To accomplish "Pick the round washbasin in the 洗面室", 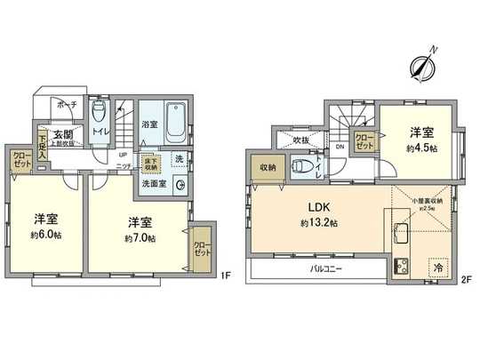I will click(180, 186).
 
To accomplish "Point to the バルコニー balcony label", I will click(326, 267).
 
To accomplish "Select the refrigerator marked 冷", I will click(440, 264).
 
